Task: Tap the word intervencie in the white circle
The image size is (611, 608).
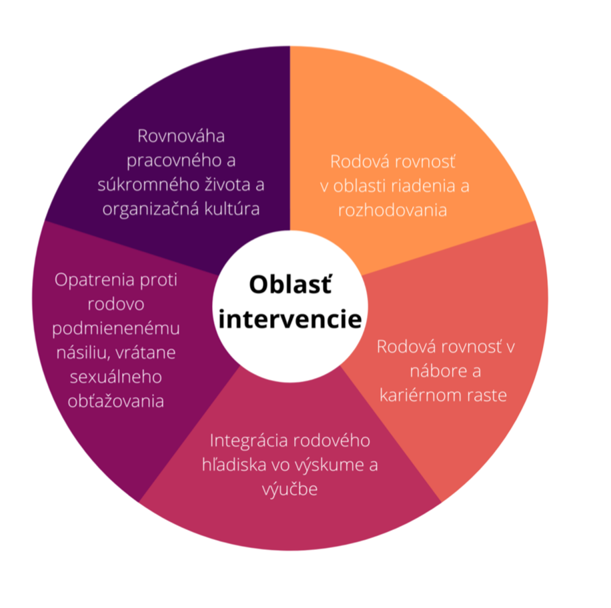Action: pyautogui.click(x=290, y=319)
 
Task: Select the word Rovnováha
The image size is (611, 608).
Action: pyautogui.click(x=181, y=136)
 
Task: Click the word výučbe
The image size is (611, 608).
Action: pyautogui.click(x=289, y=489)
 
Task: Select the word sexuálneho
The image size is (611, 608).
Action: pyautogui.click(x=117, y=377)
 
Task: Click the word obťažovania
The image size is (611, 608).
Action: pyautogui.click(x=117, y=401)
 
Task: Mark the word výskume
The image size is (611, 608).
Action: pyautogui.click(x=326, y=465)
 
